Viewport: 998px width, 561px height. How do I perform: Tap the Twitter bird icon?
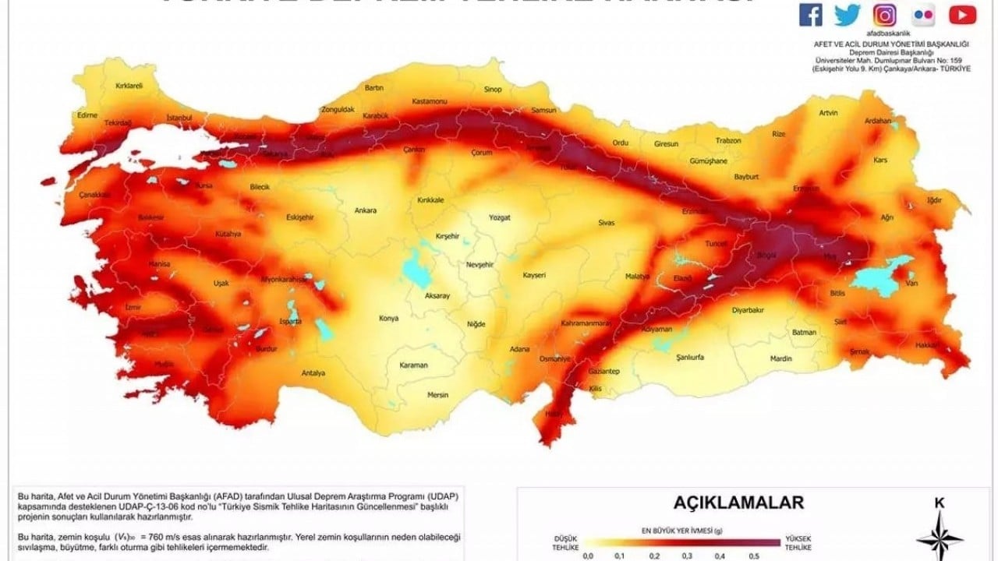click(x=848, y=14)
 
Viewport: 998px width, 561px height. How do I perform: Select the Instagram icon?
click(x=884, y=14)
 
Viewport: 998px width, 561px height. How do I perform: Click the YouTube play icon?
click(x=962, y=14)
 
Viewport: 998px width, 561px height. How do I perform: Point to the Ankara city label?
click(x=365, y=210)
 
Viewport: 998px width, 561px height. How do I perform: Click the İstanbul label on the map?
click(x=179, y=118)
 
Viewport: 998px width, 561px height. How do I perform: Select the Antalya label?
click(x=313, y=373)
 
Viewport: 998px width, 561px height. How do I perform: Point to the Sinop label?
click(x=493, y=90)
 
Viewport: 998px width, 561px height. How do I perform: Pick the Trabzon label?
click(x=728, y=141)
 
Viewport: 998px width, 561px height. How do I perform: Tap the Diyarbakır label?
click(x=746, y=309)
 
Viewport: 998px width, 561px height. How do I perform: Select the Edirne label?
click(x=87, y=115)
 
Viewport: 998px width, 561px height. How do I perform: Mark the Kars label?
click(x=880, y=160)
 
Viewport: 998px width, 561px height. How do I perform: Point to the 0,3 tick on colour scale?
click(x=685, y=556)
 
